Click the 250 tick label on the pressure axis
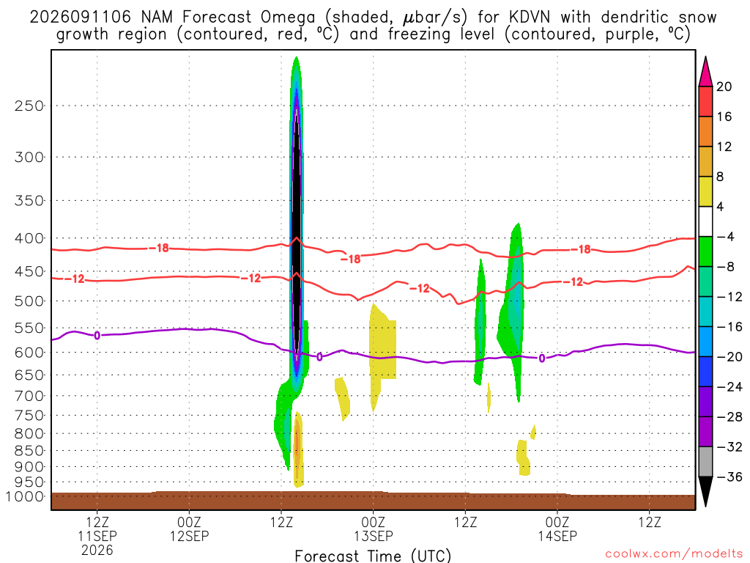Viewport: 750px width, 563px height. [29, 106]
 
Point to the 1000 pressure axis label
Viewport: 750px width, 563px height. [25, 497]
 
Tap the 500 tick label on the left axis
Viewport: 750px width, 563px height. [29, 301]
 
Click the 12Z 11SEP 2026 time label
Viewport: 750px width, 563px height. [97, 536]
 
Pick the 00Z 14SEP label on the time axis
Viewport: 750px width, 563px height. [557, 529]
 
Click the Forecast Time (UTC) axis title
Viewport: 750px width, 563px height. [373, 556]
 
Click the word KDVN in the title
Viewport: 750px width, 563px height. [530, 18]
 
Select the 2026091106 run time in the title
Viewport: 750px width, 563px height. [80, 18]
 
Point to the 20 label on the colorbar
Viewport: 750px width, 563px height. [724, 87]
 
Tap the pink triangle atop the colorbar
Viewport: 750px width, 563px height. [705, 73]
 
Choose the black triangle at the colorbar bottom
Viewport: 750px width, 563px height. [705, 490]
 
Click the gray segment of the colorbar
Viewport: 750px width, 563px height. [705, 462]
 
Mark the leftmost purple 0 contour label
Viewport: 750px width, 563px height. [97, 336]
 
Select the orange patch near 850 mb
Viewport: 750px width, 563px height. [297, 443]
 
